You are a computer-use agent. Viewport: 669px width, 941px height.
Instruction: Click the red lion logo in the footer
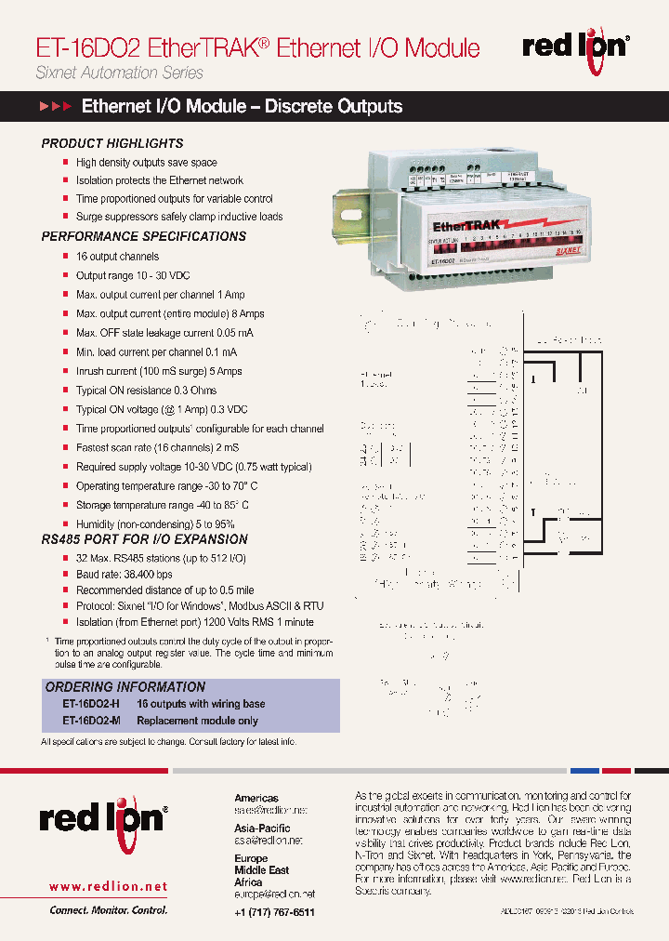point(102,819)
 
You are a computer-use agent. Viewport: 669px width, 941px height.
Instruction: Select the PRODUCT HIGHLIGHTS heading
point(112,144)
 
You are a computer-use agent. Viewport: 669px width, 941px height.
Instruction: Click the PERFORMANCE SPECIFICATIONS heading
point(144,236)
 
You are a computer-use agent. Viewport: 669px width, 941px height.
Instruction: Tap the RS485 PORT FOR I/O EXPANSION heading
point(144,539)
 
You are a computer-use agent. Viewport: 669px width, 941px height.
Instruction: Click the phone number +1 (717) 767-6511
point(275,912)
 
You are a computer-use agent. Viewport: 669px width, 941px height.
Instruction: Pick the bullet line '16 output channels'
point(117,257)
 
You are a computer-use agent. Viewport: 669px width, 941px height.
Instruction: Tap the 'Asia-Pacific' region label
point(262,828)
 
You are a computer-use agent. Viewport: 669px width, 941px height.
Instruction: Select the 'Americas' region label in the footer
point(256,798)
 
